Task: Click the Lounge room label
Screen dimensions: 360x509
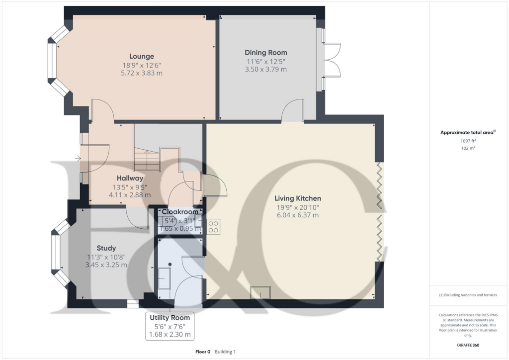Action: (142, 56)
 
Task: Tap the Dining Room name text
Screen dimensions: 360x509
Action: (265, 52)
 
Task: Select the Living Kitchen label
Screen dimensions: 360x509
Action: (298, 198)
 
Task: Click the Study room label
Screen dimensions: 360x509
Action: (106, 248)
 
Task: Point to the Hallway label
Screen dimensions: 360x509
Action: (130, 178)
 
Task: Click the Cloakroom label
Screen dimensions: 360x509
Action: (179, 212)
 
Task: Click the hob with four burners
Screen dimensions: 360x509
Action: (213, 227)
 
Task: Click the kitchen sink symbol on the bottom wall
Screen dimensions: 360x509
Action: (260, 292)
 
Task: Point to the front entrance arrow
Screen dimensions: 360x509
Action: (78, 159)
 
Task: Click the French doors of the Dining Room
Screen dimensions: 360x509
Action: (331, 60)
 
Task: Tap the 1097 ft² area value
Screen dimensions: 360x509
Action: (468, 141)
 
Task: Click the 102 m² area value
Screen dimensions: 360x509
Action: (468, 148)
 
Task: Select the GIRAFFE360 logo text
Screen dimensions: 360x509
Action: (469, 345)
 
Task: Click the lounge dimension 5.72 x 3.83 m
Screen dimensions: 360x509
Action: (142, 73)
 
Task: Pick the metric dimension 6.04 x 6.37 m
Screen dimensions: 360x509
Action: (298, 215)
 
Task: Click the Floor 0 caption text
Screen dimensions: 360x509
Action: (204, 352)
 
